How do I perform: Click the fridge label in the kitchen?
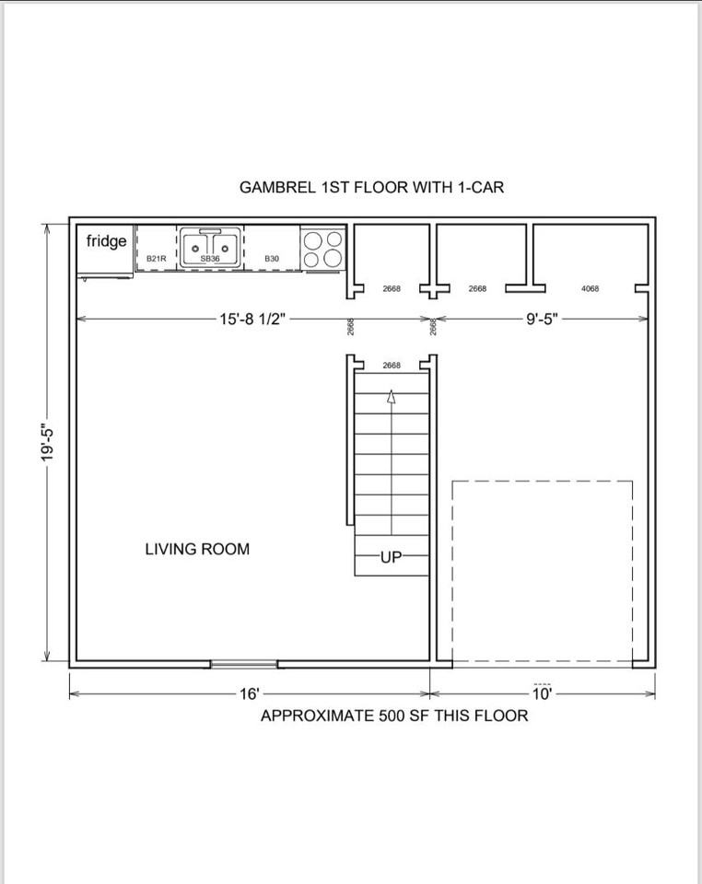(106, 241)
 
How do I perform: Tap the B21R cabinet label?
(157, 259)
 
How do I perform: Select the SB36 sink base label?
(210, 259)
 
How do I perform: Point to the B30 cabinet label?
(272, 259)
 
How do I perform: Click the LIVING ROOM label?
(197, 549)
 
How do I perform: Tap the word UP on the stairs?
(392, 557)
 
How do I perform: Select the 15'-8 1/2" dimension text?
(253, 320)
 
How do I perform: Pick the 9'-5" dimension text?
(542, 320)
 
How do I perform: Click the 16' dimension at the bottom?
(250, 693)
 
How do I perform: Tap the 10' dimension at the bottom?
(542, 693)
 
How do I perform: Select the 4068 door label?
(590, 288)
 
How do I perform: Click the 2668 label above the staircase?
(392, 366)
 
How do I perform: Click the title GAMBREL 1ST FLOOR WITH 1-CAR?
(371, 187)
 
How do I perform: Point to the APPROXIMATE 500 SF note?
(394, 716)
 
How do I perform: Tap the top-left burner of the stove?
(313, 240)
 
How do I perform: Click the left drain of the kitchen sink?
(195, 249)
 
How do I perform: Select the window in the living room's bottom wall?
(243, 664)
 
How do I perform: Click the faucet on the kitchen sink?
(210, 231)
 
